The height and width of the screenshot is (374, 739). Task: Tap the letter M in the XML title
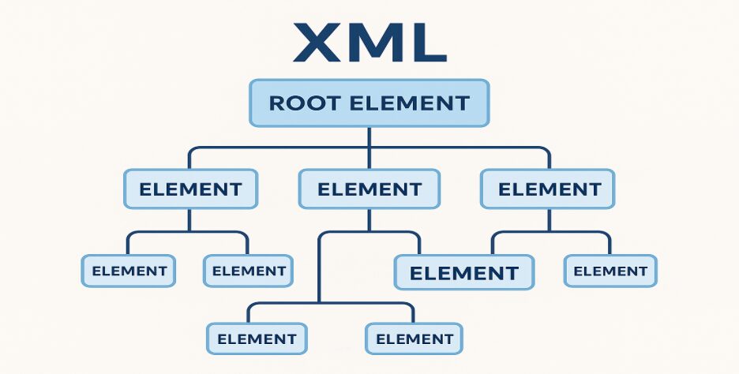click(370, 44)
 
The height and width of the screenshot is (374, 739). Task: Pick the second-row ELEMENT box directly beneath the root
click(369, 189)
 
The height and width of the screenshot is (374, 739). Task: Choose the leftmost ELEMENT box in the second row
click(190, 189)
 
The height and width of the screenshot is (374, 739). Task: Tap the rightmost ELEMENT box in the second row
click(549, 189)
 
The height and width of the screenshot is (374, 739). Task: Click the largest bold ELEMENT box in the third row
click(464, 274)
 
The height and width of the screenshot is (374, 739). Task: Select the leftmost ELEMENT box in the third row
click(129, 271)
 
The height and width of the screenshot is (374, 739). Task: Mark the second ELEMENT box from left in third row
click(249, 271)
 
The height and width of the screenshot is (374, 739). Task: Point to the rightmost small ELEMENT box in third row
click(610, 271)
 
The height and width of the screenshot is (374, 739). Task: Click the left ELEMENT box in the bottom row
click(257, 339)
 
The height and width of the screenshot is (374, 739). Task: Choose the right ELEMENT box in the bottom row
click(414, 339)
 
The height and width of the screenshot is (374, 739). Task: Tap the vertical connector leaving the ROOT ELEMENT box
click(369, 136)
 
